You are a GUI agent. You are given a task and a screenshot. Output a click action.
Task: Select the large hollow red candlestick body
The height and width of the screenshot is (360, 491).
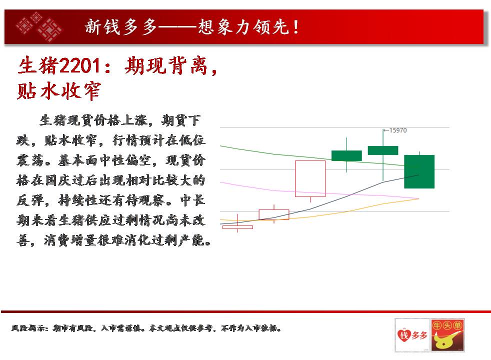point(310,178)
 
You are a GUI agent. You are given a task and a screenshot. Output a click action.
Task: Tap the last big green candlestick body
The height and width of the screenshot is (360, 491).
point(419,171)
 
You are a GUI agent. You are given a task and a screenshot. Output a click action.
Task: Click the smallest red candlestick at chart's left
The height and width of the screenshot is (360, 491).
point(237,227)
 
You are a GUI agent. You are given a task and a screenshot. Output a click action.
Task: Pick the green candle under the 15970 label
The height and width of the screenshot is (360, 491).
point(383,150)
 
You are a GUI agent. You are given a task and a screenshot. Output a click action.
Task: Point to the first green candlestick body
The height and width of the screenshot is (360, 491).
point(346,155)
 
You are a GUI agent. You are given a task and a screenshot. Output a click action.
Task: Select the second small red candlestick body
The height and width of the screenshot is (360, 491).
point(274,214)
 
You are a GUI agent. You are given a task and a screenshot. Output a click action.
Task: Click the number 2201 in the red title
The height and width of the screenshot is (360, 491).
point(79,65)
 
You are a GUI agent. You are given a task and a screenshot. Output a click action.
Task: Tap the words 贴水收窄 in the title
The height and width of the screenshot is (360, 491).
point(59,91)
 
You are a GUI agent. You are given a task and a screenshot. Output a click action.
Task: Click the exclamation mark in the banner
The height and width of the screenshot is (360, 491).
point(295,27)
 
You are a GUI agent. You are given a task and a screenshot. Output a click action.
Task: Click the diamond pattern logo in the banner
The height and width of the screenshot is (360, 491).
point(39,27)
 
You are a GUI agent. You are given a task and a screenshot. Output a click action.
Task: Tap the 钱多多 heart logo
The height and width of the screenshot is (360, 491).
point(412,335)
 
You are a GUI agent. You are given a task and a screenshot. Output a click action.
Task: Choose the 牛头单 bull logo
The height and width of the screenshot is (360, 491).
point(447,335)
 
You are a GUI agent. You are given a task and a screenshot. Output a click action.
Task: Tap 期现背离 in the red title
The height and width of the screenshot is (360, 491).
point(166,65)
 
